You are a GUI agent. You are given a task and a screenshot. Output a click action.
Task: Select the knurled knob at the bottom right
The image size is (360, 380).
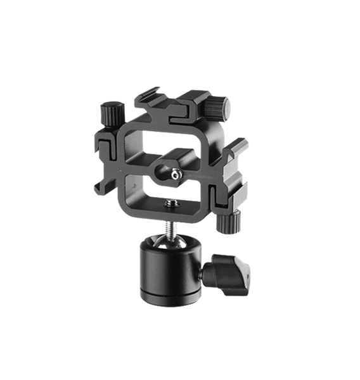[x=228, y=222]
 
